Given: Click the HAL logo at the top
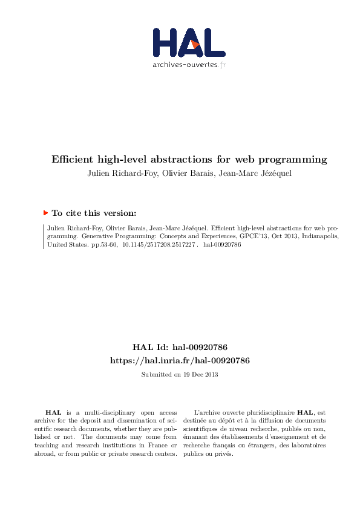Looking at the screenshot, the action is (x=188, y=42).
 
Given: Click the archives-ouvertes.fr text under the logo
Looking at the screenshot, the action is (x=189, y=64).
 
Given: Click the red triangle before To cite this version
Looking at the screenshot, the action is (x=45, y=213).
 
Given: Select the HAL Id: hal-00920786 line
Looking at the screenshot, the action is (x=180, y=348).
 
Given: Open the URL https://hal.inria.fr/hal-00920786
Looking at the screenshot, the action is (x=180, y=360).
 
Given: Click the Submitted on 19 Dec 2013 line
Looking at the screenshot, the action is (x=180, y=375).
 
